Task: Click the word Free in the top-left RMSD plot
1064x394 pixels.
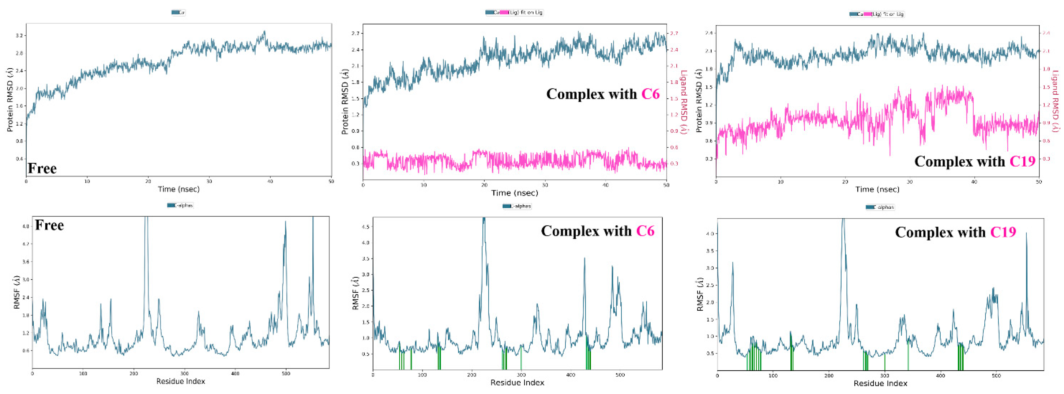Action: coord(42,169)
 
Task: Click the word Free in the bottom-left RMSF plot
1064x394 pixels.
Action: coord(49,225)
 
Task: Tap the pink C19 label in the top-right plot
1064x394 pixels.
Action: coord(1022,161)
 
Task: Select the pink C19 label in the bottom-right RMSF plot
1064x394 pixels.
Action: coord(1003,232)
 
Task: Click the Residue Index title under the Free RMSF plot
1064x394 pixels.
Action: coord(180,381)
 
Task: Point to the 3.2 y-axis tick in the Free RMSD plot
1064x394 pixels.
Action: coord(19,36)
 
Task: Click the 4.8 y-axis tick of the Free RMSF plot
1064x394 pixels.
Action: coord(25,227)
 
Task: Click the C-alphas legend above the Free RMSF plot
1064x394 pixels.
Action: coord(180,205)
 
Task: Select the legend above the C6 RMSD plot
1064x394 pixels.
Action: coord(514,12)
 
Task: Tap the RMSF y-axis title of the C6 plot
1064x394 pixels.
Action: coord(355,293)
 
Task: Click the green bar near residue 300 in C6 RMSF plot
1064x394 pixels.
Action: coord(521,359)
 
